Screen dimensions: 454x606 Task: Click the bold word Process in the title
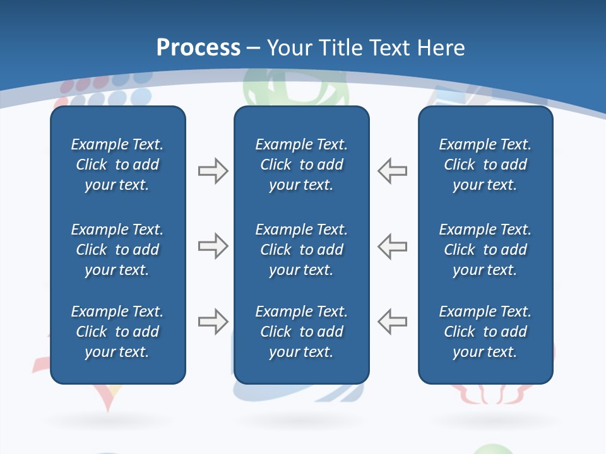[x=198, y=48]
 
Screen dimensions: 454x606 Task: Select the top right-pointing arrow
[x=213, y=171]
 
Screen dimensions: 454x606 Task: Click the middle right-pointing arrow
[x=213, y=246]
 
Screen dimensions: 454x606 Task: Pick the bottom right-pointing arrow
[x=213, y=322]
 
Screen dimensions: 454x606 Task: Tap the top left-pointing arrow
[x=392, y=171]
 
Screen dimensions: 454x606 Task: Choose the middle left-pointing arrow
[x=392, y=246]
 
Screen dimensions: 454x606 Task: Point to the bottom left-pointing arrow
[x=392, y=322]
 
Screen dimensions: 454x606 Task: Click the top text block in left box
[x=117, y=165]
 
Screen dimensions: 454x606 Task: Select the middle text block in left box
[x=117, y=250]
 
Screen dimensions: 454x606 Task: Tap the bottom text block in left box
[x=117, y=332]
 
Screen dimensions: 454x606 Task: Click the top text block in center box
[x=301, y=165]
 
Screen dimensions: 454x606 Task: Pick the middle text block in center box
[x=301, y=250]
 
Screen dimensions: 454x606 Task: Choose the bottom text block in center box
[x=301, y=332]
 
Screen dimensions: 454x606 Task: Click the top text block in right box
[x=485, y=165]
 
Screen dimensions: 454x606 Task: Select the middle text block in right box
[x=485, y=250]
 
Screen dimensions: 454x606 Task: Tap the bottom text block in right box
[x=485, y=332]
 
